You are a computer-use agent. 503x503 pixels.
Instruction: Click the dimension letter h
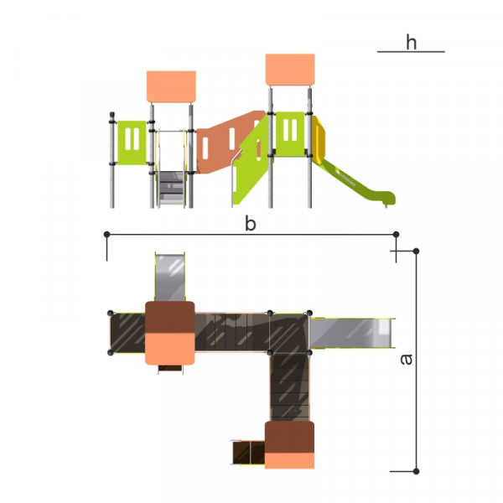(x=412, y=43)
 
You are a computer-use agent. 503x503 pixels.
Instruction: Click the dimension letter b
(x=250, y=223)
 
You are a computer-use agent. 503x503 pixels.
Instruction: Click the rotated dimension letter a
(x=407, y=359)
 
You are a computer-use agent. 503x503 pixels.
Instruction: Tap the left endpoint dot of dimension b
(x=106, y=235)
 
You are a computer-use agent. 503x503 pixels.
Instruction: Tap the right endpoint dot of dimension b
(x=396, y=235)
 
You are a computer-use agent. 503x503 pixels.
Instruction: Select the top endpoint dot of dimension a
(x=416, y=251)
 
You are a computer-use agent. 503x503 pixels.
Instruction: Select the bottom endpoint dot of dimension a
(x=416, y=471)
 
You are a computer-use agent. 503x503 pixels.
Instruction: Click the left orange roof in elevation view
(x=171, y=86)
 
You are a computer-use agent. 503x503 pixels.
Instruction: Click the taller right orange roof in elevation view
(x=290, y=70)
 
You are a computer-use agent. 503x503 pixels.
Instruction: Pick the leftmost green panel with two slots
(x=132, y=143)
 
